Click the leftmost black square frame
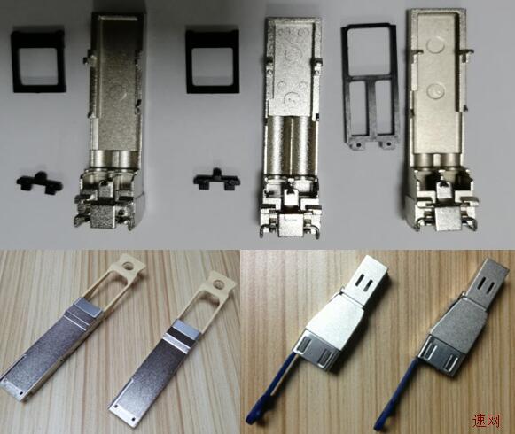coord(14,61)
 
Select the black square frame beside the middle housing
coord(189,61)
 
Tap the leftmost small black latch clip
coord(38,182)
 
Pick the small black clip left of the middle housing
coord(216,180)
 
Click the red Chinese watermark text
coord(486,420)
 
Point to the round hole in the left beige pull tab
coord(129,265)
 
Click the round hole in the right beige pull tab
coord(218,283)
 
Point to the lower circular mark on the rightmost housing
coord(436,90)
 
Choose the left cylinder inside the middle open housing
coord(279,144)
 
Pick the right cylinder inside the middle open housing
coord(303,144)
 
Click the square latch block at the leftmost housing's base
coord(103,217)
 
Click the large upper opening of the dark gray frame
coord(370,51)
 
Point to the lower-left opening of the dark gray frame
coord(359,107)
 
